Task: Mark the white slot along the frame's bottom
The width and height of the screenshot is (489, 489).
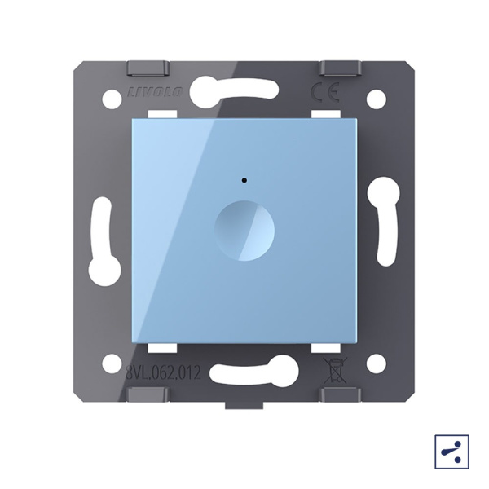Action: coord(255,371)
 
